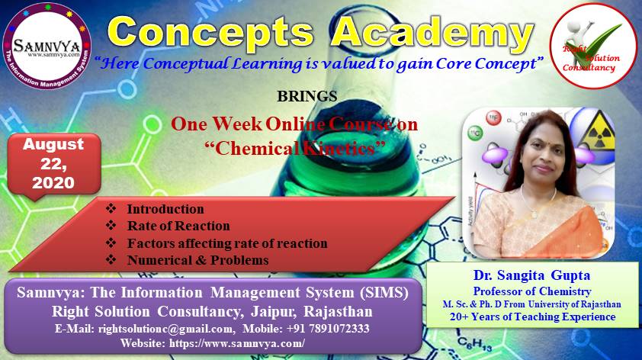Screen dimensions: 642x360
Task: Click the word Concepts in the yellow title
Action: [210, 34]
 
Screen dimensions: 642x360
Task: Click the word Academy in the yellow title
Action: [433, 34]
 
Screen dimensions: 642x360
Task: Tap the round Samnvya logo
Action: [47, 46]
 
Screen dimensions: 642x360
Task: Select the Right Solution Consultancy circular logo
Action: [593, 46]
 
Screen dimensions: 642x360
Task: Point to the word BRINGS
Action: [307, 96]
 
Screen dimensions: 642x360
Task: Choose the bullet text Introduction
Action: [165, 209]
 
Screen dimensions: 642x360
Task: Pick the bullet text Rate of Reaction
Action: [178, 226]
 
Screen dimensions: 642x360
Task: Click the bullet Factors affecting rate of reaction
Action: [227, 243]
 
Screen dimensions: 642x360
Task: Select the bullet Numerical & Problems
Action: [197, 260]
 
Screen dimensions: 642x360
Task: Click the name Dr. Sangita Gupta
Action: [532, 275]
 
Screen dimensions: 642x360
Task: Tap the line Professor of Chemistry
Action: [532, 291]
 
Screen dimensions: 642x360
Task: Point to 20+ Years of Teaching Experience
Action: [533, 317]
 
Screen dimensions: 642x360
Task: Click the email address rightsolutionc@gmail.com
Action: [165, 329]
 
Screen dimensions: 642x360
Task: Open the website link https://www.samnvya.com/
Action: [236, 343]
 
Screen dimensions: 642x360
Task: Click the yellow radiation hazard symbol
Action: [599, 132]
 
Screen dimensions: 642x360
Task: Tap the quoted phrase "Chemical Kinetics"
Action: [295, 148]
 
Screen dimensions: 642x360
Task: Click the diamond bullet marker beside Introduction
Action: [111, 208]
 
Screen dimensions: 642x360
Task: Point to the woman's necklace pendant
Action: [534, 214]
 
